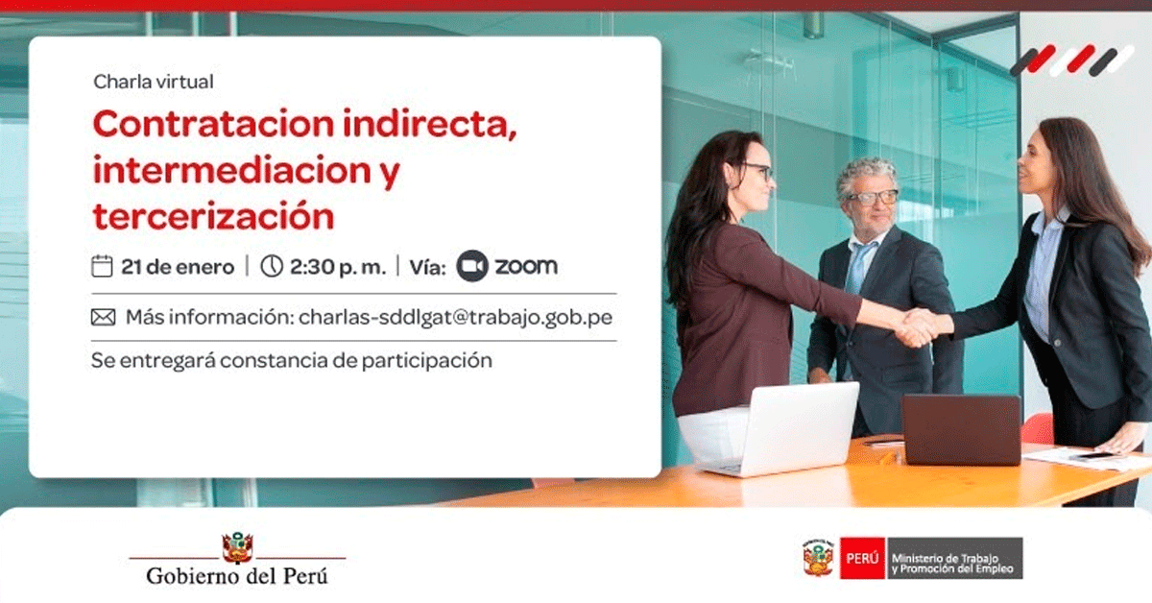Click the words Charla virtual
coord(154,82)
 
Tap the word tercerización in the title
coord(213,216)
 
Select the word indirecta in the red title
coord(429,124)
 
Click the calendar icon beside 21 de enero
coord(102,266)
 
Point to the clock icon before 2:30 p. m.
coord(272,266)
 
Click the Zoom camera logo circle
coord(472,266)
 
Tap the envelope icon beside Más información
coord(104,318)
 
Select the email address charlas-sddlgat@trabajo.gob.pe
coord(455,318)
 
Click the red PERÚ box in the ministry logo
coord(862,558)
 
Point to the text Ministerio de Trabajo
coord(945,558)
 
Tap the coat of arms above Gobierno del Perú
coord(237,547)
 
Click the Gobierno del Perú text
coord(236,576)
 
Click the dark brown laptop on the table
coord(962,429)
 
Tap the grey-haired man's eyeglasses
coord(875,197)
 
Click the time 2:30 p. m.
coord(338,267)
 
